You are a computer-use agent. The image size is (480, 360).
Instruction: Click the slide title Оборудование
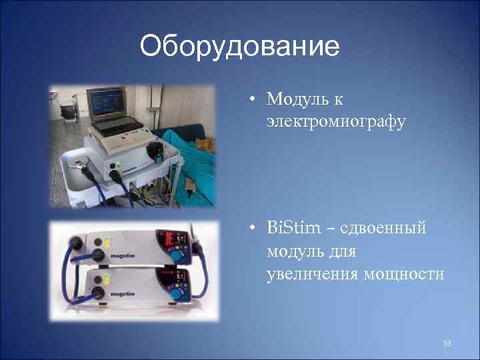tap(240, 47)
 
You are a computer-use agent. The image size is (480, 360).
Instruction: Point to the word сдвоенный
tap(383, 229)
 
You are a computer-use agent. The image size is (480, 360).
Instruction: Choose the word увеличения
tap(304, 275)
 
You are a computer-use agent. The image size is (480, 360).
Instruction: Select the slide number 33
tap(447, 343)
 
